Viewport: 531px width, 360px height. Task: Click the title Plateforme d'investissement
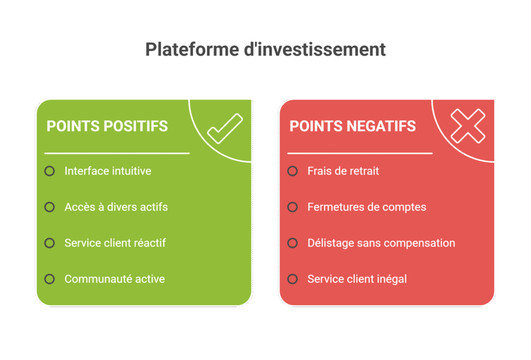(265, 50)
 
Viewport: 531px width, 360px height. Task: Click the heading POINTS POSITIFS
(107, 126)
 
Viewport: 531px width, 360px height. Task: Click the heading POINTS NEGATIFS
(353, 126)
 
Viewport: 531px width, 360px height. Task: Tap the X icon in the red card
(468, 126)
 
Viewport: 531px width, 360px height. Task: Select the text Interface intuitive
(108, 171)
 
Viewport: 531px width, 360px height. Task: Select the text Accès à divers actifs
(116, 207)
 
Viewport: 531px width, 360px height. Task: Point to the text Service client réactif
(115, 243)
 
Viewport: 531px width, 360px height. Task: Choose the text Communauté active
(115, 279)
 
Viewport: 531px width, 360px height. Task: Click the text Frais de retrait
(343, 171)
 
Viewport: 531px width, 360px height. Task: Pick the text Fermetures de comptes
(367, 207)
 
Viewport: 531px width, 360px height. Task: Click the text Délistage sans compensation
(381, 243)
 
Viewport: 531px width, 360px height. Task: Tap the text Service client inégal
(357, 279)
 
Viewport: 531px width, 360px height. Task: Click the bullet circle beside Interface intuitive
(50, 171)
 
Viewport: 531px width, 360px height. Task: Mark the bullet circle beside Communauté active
(50, 279)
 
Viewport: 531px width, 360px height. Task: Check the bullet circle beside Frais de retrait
(292, 171)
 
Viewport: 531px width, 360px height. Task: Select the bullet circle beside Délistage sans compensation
(292, 243)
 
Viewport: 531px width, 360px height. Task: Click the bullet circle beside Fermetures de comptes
(292, 207)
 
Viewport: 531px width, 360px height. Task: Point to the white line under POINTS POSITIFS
(117, 154)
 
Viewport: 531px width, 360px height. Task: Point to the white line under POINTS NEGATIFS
(360, 154)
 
